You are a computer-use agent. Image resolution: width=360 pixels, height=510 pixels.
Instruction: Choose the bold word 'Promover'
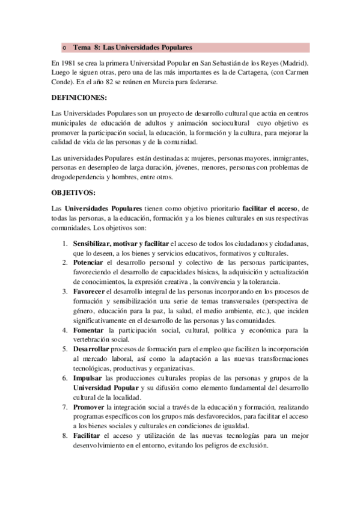(89, 406)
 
